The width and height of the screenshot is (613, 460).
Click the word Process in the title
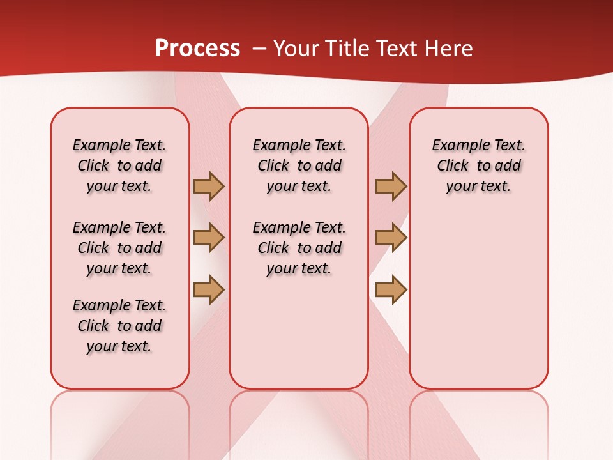197,49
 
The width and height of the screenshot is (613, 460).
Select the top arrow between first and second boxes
209,186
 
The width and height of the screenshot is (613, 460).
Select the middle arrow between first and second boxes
209,238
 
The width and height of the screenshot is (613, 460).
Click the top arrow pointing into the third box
391,186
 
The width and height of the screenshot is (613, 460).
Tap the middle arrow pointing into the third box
391,238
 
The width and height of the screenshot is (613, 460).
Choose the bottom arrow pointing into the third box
391,290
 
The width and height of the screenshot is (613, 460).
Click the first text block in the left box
119,165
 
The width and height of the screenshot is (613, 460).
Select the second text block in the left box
119,248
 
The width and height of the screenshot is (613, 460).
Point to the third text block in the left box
119,326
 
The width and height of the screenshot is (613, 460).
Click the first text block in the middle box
299,165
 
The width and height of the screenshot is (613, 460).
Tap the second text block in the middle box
299,248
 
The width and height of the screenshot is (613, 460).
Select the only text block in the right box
478,165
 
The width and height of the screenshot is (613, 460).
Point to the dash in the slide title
259,49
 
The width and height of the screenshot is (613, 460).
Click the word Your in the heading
296,49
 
